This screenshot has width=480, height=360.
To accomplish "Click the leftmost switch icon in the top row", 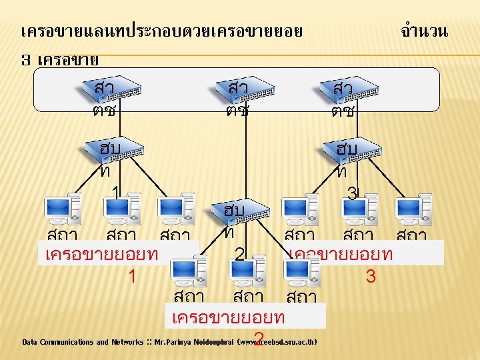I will (x=113, y=90).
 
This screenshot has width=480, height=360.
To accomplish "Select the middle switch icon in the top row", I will (x=245, y=90).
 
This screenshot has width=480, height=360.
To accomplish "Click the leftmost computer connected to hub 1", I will (x=63, y=210).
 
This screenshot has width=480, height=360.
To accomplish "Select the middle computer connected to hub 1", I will (x=124, y=210).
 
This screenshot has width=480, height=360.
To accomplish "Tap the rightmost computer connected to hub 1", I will (x=177, y=210).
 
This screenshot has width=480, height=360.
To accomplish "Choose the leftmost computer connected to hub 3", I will (x=300, y=210).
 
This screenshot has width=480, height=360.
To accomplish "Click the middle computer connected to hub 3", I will (x=360, y=210).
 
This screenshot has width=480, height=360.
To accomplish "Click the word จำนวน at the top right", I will (x=425, y=31).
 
